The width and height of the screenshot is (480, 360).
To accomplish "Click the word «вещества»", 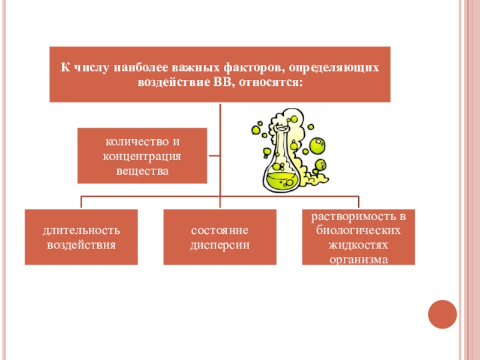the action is [142, 171].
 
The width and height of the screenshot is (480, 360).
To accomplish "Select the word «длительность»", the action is [82, 230].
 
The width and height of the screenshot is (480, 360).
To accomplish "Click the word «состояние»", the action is [220, 230].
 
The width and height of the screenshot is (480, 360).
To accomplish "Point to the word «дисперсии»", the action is [220, 245].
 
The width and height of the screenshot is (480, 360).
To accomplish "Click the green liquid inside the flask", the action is [281, 181].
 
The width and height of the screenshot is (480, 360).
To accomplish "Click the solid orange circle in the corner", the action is [442, 314].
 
